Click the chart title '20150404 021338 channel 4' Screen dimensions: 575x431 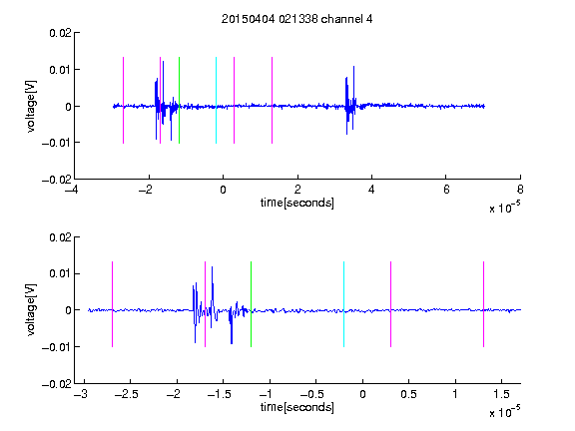[x=296, y=19]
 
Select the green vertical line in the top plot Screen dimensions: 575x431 [x=179, y=100]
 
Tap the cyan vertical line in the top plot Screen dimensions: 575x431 [x=216, y=100]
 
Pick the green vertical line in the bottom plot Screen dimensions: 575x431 [x=251, y=304]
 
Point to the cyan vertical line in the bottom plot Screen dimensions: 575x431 [x=343, y=304]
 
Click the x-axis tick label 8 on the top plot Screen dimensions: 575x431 [x=520, y=190]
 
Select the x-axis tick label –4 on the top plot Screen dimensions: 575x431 [x=71, y=190]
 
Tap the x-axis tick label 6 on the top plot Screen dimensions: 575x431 [x=446, y=190]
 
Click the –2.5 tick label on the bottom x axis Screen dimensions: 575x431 [x=126, y=394]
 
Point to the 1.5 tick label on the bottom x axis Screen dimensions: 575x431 [x=501, y=394]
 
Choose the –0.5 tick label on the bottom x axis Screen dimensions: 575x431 [x=311, y=394]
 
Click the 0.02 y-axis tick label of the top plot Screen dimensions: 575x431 [x=60, y=33]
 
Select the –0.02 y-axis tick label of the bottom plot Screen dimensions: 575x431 [x=57, y=384]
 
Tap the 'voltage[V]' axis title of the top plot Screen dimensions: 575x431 [x=32, y=107]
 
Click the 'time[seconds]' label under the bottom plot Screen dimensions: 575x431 [x=297, y=407]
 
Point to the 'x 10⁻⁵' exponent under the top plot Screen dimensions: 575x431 [x=504, y=207]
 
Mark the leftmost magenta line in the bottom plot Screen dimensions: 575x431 [x=112, y=304]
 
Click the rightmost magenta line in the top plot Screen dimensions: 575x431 [x=272, y=100]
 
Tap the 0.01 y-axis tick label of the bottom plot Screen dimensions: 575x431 [x=60, y=274]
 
